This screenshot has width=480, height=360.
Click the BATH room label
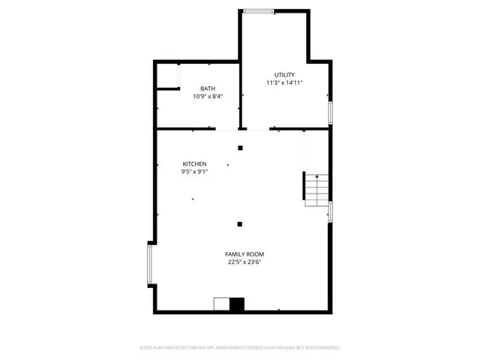(x=207, y=88)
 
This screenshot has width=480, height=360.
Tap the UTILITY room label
(x=283, y=75)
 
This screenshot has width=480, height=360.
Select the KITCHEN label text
(x=194, y=163)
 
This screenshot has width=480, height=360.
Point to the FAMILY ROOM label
(x=245, y=254)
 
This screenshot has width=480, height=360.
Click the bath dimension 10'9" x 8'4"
(x=207, y=97)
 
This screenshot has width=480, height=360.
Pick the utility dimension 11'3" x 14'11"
(x=283, y=82)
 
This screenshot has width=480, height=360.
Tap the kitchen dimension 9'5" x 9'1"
(x=194, y=172)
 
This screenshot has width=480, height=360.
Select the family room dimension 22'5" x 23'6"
(x=245, y=262)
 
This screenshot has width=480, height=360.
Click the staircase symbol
(x=316, y=190)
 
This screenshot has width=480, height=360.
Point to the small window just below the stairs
(x=330, y=211)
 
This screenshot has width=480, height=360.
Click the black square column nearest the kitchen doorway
(x=240, y=148)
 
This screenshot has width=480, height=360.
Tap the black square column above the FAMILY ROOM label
(x=240, y=223)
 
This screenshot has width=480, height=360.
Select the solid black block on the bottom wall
(x=237, y=304)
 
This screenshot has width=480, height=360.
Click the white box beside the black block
(x=221, y=304)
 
